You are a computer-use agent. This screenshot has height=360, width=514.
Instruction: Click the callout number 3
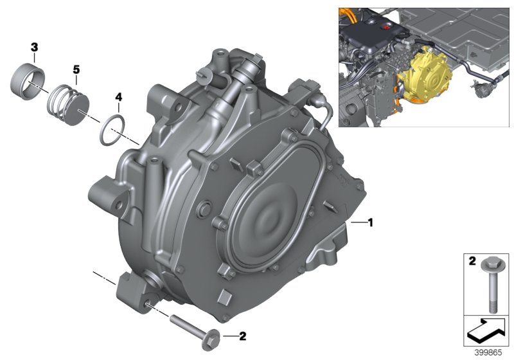coord(34,47)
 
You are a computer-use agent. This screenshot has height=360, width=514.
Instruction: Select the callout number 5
coord(76,68)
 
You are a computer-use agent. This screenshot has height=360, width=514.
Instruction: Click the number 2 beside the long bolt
coord(242,335)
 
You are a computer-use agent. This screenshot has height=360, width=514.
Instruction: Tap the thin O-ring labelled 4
coord(112,129)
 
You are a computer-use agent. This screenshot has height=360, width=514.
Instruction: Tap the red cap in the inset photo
coord(386,28)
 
